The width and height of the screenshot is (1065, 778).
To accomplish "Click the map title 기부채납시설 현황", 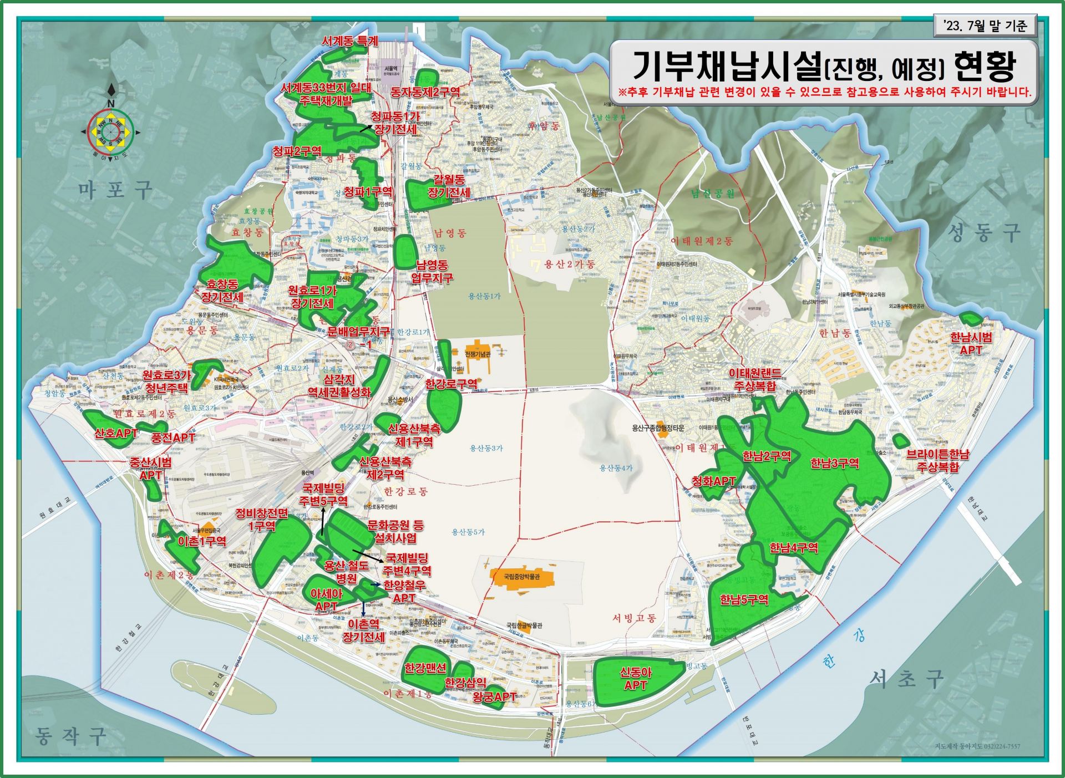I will click(823, 66).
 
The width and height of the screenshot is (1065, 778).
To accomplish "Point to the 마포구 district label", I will click(115, 190).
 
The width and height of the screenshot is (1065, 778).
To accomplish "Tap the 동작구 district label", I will click(70, 736).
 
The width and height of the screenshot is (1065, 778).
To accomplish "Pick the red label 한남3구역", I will click(834, 463).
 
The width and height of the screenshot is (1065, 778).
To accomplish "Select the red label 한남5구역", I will click(744, 599).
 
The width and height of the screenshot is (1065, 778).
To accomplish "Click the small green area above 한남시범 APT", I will click(970, 318).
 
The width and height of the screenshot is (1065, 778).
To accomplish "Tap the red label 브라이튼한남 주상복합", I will click(937, 460).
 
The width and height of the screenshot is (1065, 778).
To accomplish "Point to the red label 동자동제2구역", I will click(425, 92).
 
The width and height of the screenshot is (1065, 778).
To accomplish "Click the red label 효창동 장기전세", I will click(222, 291).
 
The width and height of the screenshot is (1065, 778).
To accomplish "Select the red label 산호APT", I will click(115, 433).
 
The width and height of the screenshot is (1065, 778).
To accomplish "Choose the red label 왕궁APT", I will click(494, 696).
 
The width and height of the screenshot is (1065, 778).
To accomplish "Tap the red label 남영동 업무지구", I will click(432, 271).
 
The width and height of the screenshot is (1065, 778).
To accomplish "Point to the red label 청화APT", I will click(713, 481).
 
